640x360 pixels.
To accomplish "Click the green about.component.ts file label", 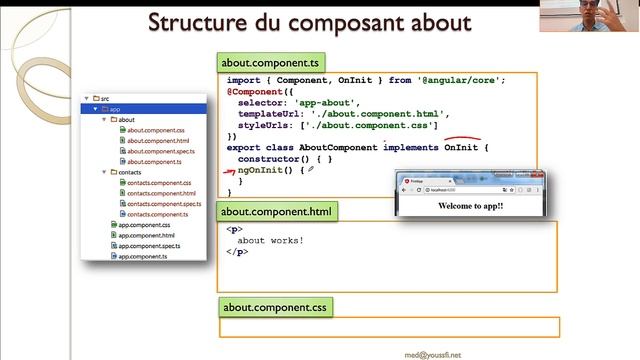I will coord(264,61).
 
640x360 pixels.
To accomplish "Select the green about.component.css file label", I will coord(276,307).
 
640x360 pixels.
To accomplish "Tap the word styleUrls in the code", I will coord(265,125).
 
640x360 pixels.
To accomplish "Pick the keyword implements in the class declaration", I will coord(410,148).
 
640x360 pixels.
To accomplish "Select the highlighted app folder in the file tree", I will coord(115,109).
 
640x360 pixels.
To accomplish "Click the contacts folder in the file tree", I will coord(129,172).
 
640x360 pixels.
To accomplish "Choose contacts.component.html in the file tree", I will coord(161,193).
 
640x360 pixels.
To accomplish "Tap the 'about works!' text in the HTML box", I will coord(270,241).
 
